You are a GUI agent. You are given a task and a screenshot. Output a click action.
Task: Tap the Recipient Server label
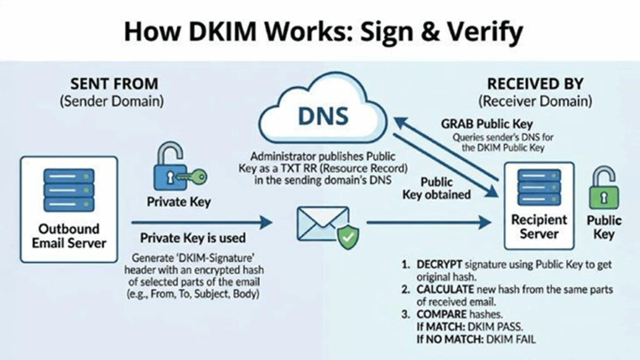click(539, 227)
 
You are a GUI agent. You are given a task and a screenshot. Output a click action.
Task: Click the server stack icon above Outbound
click(68, 188)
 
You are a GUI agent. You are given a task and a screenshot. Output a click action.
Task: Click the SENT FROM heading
click(114, 84)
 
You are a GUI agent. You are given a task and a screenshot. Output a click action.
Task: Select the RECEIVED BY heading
click(535, 84)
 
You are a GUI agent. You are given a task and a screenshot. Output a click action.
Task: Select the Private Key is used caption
click(192, 238)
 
